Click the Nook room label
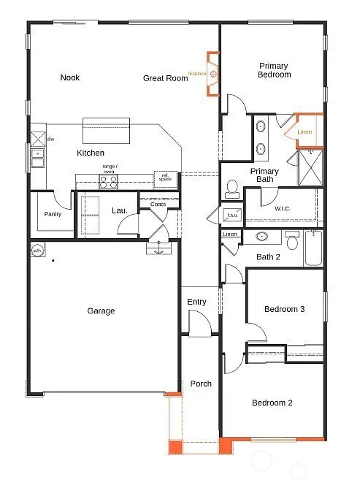click(70, 77)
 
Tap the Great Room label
click(164, 77)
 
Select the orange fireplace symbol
click(212, 74)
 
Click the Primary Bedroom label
click(274, 70)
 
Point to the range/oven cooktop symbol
click(109, 182)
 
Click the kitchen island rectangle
click(107, 132)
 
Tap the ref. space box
click(165, 178)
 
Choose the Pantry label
click(53, 214)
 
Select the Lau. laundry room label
click(120, 210)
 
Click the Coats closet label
click(158, 204)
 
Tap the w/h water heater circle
click(37, 251)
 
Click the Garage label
click(101, 311)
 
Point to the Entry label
click(196, 302)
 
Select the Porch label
click(201, 384)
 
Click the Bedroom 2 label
click(272, 403)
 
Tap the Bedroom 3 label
click(284, 309)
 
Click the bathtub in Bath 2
click(315, 248)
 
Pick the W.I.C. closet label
click(283, 210)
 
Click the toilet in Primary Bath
click(232, 189)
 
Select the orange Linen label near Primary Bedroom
click(305, 132)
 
